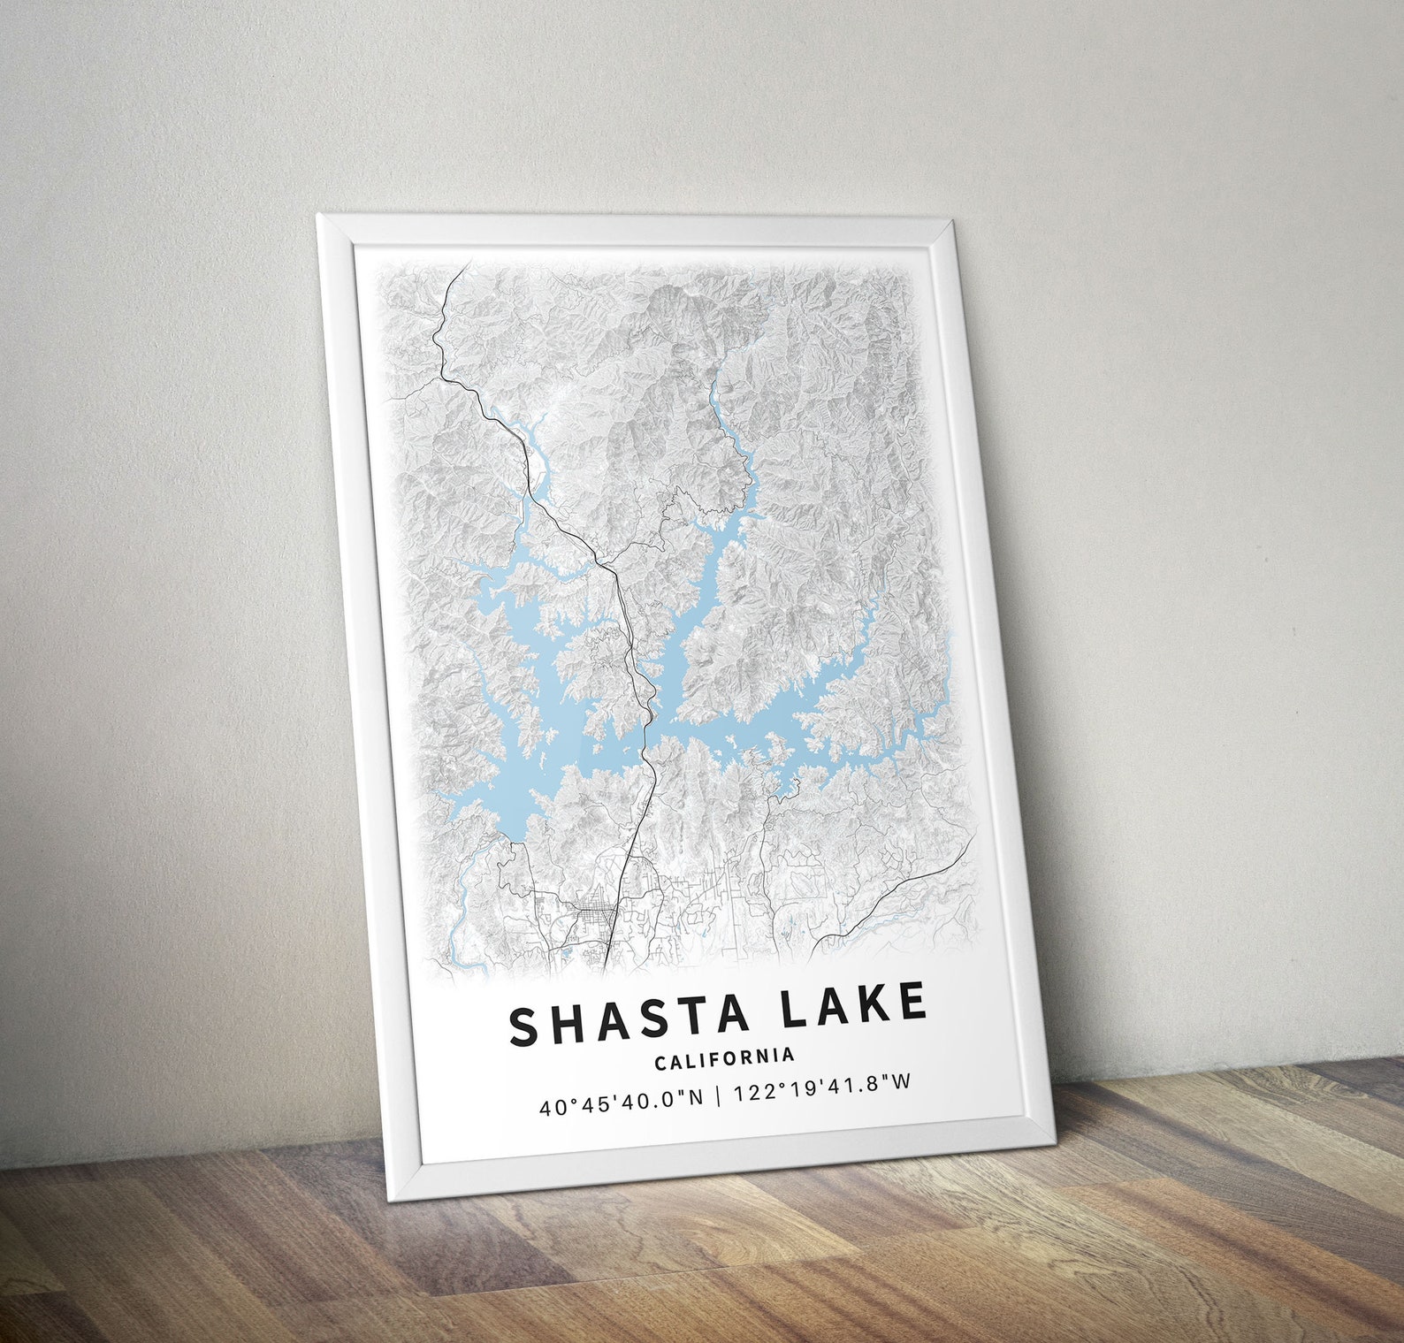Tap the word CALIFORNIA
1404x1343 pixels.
click(x=724, y=1057)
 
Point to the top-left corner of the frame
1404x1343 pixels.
click(x=318, y=215)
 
